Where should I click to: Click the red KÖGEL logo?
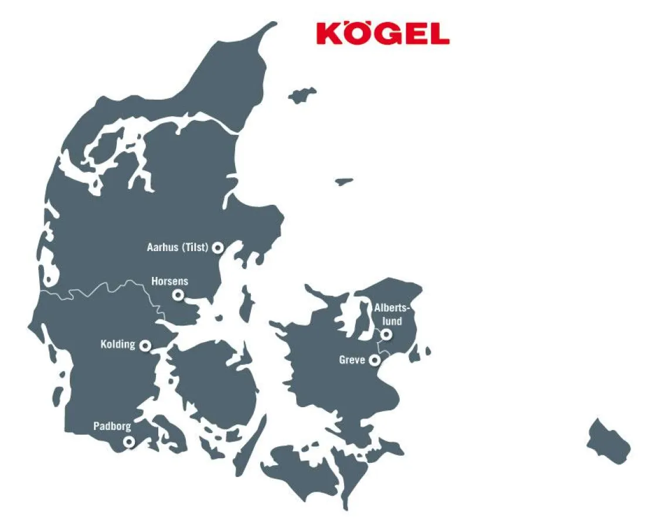point(383,33)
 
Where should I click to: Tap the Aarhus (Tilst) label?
point(177,248)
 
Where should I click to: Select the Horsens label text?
point(169,282)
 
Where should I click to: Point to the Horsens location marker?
point(178,295)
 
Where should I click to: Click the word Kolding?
point(118,344)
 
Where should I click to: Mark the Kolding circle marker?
point(145,345)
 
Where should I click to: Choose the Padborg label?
point(112,427)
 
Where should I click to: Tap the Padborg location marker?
point(128,441)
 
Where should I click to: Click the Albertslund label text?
point(388,314)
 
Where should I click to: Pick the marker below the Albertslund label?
point(386,334)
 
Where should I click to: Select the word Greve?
point(352,360)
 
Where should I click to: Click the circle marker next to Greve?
point(373,360)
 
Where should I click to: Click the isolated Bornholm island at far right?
point(608,441)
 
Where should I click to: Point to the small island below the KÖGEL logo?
point(302,94)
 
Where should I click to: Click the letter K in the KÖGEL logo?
point(329,34)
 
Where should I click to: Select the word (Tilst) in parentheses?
point(195,248)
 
